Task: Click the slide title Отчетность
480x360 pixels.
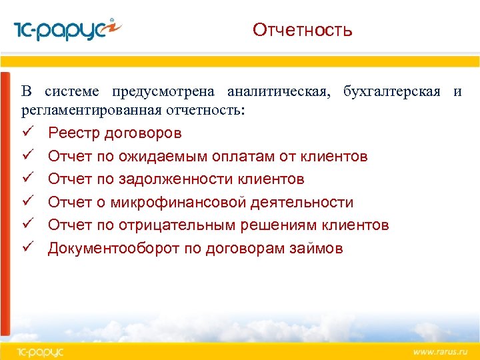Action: [x=302, y=30]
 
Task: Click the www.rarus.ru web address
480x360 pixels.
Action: [x=439, y=351]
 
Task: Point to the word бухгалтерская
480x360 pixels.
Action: [x=392, y=91]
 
